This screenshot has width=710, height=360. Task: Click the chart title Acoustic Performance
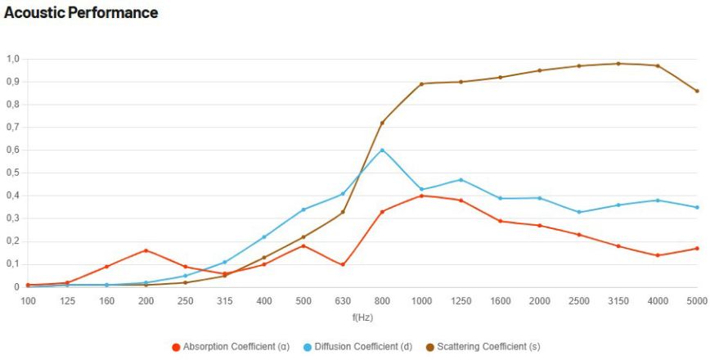coord(81,13)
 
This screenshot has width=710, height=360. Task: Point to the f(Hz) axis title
coord(362,317)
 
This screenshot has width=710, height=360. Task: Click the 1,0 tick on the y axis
coord(13,59)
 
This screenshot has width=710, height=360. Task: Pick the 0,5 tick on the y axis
coord(13,173)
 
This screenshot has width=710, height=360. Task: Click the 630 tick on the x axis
coord(343,302)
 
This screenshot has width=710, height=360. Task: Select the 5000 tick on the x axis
coord(696,302)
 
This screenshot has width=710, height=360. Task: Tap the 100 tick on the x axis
coord(29,302)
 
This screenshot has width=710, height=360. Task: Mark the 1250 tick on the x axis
coord(461,302)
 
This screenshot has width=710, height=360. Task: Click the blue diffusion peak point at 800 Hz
coord(382,150)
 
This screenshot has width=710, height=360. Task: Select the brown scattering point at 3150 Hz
coord(618,63)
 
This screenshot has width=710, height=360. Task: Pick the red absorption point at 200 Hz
coord(146,250)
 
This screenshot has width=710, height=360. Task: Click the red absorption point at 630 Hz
coord(343,264)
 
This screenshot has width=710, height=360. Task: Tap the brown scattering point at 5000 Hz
coord(696,91)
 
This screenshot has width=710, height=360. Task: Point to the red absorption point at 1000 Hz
coord(421,196)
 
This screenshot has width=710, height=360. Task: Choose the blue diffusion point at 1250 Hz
coord(461,180)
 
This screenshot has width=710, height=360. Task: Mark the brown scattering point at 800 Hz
coord(382,123)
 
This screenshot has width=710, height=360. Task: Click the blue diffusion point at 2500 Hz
coord(578,212)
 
